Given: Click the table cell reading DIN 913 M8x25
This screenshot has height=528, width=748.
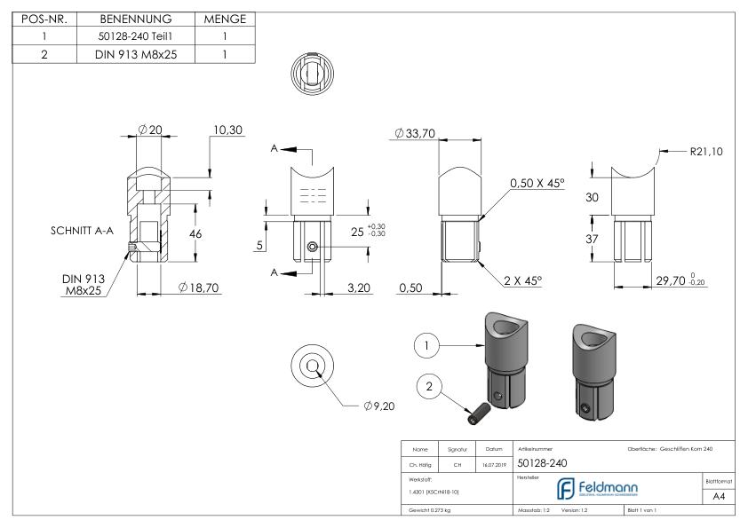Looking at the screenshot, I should click(129, 53).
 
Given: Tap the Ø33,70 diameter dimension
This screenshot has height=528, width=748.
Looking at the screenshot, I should click(418, 134).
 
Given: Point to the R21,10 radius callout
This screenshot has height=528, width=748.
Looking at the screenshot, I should click(705, 152).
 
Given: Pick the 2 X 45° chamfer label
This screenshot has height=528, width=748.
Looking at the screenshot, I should click(521, 280).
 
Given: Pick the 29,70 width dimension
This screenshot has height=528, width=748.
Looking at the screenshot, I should click(672, 281).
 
